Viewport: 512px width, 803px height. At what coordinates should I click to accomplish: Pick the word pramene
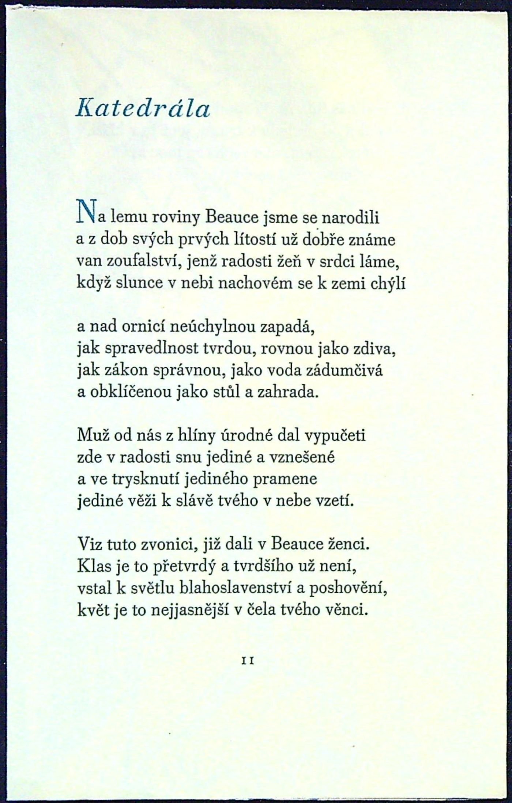point(289,479)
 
